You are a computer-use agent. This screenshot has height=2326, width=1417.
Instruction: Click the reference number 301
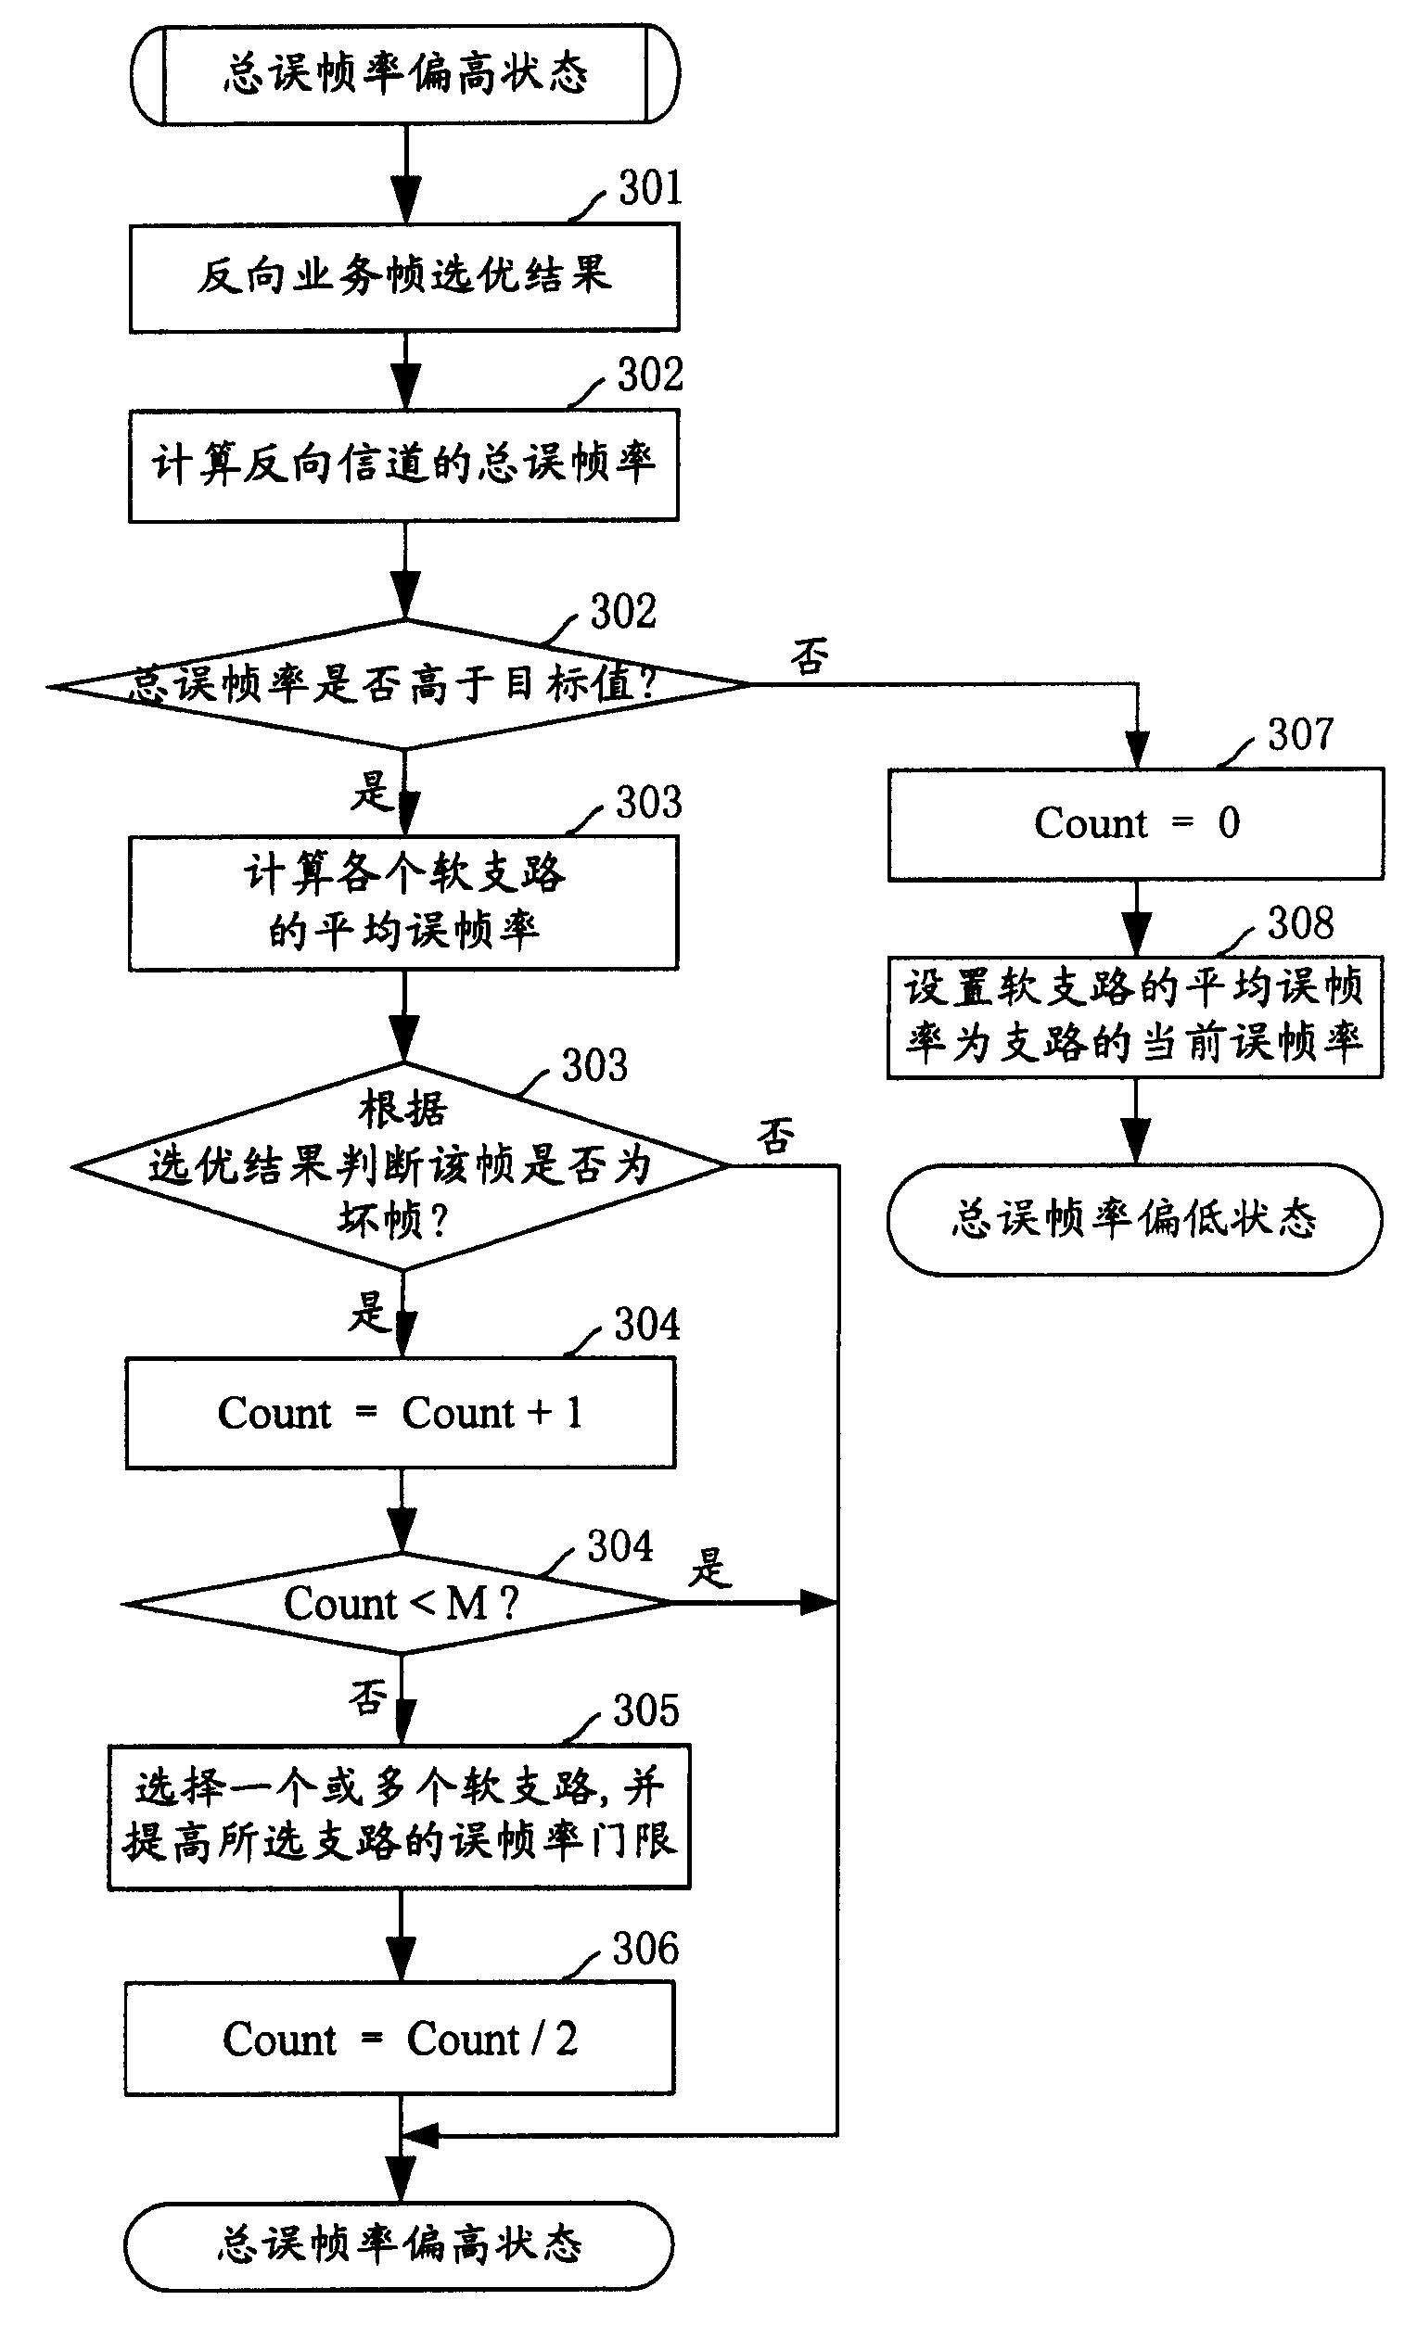pyautogui.click(x=649, y=188)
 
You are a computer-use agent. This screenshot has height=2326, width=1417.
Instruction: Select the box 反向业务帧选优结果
pyautogui.click(x=404, y=277)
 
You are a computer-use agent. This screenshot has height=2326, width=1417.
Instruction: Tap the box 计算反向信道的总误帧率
pyautogui.click(x=404, y=464)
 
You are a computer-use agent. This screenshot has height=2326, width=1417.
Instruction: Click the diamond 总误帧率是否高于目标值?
pyautogui.click(x=399, y=684)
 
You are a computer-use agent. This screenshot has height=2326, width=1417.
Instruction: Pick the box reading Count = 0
pyautogui.click(x=1136, y=823)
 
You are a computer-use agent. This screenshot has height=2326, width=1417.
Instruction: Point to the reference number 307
pyautogui.click(x=1300, y=734)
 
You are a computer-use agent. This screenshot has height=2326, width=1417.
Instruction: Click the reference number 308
pyautogui.click(x=1300, y=922)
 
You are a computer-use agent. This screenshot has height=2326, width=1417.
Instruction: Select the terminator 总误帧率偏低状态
pyautogui.click(x=1134, y=1219)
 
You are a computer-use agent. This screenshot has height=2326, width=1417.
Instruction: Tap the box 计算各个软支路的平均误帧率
pyautogui.click(x=403, y=902)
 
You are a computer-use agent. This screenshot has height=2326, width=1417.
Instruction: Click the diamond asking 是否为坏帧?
pyautogui.click(x=401, y=1166)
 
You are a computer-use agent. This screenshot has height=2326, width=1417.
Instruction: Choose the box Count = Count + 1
pyautogui.click(x=401, y=1412)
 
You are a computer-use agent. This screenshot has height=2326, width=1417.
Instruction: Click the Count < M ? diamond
pyautogui.click(x=401, y=1603)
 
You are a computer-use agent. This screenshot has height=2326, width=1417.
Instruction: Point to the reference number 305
pyautogui.click(x=645, y=1710)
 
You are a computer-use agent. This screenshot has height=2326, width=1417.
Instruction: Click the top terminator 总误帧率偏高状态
pyautogui.click(x=405, y=73)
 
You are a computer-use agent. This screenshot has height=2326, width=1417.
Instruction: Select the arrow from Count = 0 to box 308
pyautogui.click(x=1139, y=919)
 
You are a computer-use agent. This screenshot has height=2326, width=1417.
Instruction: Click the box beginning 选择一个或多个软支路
pyautogui.click(x=400, y=1815)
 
